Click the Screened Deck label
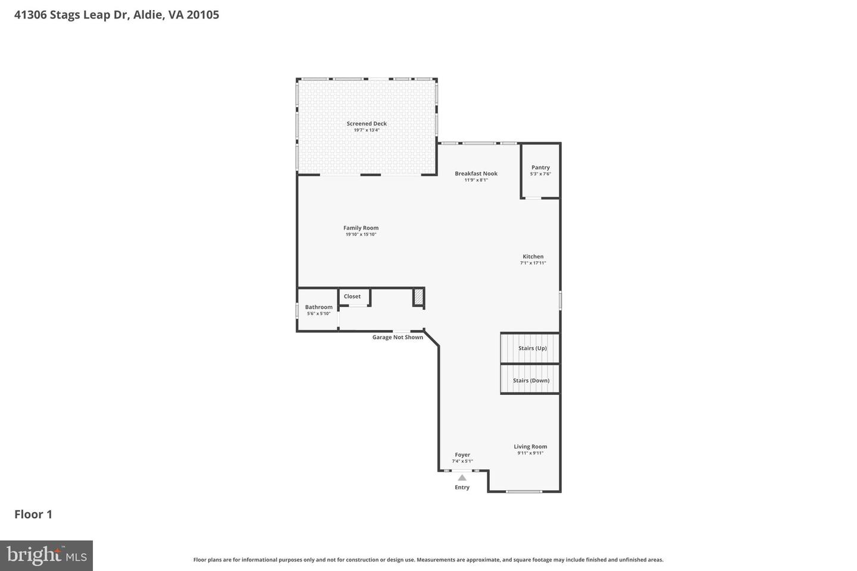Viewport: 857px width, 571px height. click(x=367, y=124)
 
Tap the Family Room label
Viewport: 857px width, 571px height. click(x=361, y=228)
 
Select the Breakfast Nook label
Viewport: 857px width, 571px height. click(x=476, y=174)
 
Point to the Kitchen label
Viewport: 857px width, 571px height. click(x=533, y=256)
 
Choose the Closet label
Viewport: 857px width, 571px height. click(x=352, y=296)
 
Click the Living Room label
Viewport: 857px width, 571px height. click(x=530, y=447)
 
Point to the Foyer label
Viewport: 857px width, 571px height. click(x=462, y=455)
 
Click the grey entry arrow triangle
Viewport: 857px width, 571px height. click(x=462, y=477)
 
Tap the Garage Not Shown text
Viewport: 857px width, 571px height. click(x=398, y=337)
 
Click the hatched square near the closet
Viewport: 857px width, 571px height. click(x=419, y=297)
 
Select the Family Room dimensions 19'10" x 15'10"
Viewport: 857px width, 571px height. click(x=361, y=234)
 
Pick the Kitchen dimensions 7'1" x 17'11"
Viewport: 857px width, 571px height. click(x=533, y=263)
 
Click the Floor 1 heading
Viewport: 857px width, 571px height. click(x=33, y=514)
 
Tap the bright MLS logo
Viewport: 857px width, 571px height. click(x=46, y=556)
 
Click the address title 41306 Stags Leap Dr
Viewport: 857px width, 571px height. click(x=117, y=14)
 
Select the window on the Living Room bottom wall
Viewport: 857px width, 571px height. click(x=524, y=491)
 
